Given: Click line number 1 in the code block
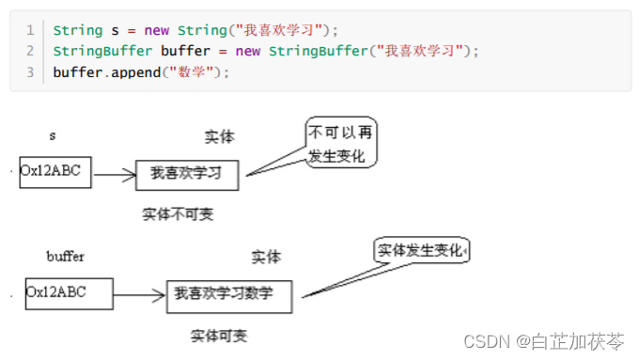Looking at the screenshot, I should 30,31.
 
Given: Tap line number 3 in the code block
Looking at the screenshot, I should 30,71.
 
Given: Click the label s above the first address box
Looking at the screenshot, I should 53,136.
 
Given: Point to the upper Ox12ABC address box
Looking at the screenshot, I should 55,172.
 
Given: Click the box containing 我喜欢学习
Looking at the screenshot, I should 188,174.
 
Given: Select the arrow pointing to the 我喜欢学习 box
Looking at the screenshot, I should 114,174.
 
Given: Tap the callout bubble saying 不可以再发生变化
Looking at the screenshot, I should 341,144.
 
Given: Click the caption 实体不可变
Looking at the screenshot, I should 178,214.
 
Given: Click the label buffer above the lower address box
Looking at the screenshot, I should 65,256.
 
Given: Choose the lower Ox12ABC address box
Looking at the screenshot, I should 69,292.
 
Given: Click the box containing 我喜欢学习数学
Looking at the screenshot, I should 228,294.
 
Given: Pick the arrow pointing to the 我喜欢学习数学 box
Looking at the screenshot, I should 140,296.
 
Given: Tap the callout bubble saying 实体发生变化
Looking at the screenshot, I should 421,251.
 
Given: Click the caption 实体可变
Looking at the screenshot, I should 219,336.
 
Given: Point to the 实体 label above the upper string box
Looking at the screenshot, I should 219,137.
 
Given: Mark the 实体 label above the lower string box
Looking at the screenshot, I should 266,257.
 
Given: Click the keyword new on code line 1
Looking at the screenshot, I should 157,31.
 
